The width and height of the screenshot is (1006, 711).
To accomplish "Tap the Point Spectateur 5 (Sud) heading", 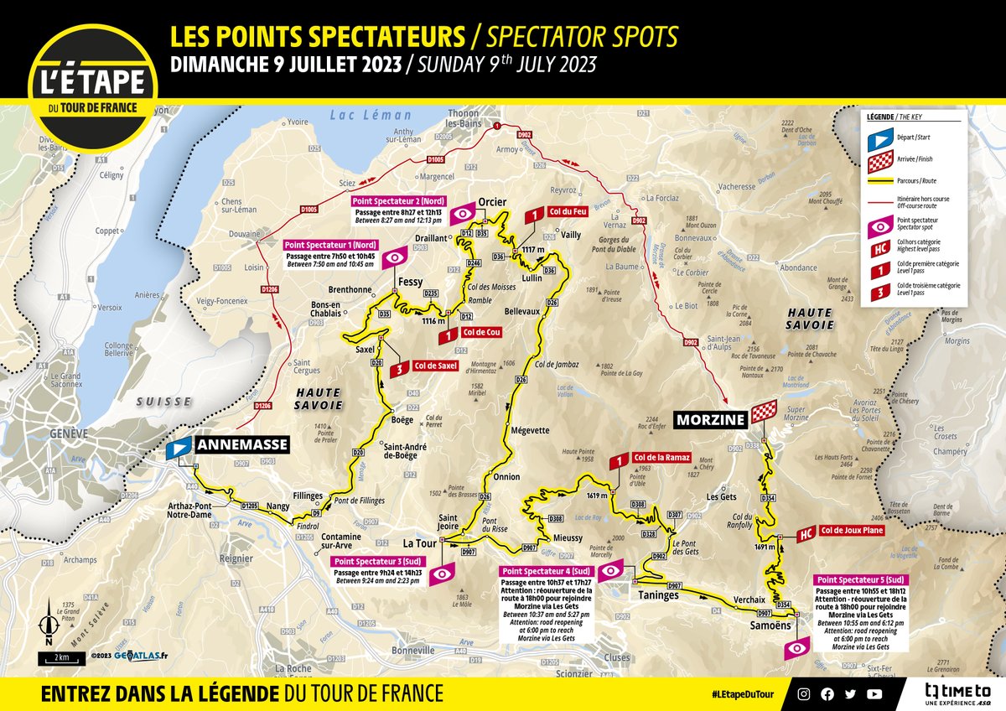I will [861, 579].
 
